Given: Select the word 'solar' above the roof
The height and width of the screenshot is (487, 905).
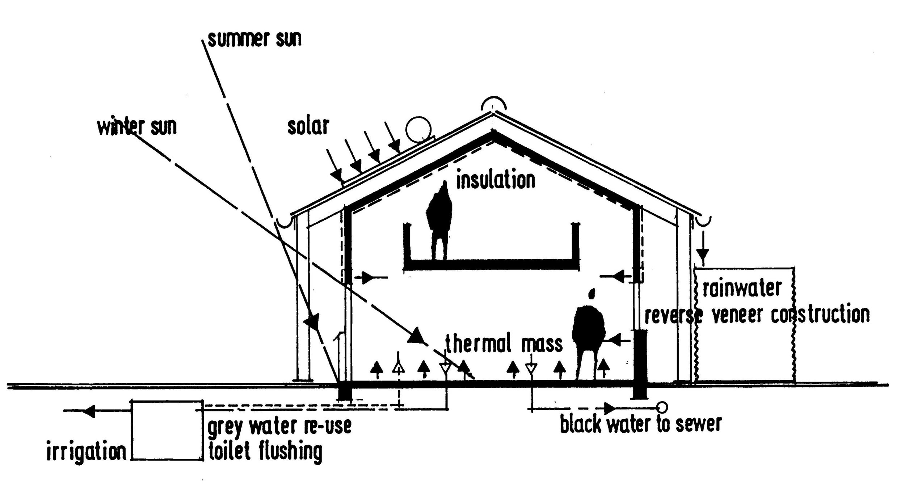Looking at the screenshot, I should tap(308, 126).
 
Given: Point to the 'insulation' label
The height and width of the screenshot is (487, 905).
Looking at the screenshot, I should tap(495, 180).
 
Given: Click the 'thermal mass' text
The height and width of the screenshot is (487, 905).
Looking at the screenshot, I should tap(504, 343).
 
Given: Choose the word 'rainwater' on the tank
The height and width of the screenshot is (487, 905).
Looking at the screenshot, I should tap(742, 289).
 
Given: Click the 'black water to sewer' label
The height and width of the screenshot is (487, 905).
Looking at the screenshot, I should tap(641, 423).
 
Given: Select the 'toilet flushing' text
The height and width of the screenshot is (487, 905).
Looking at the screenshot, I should tap(265, 452).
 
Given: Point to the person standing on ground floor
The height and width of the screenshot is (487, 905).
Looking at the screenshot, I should tap(588, 333).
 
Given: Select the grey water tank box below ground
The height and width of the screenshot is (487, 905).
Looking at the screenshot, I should tap(167, 430).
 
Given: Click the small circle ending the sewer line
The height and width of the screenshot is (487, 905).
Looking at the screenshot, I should tap(662, 408).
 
